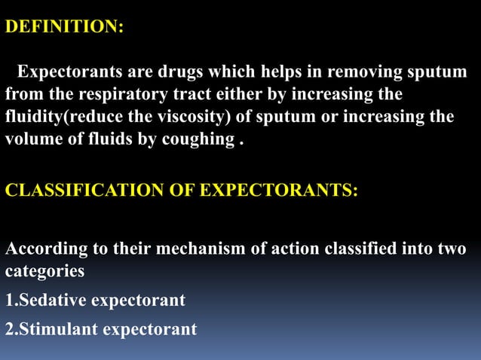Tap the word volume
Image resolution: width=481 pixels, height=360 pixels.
(x=32, y=140)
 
